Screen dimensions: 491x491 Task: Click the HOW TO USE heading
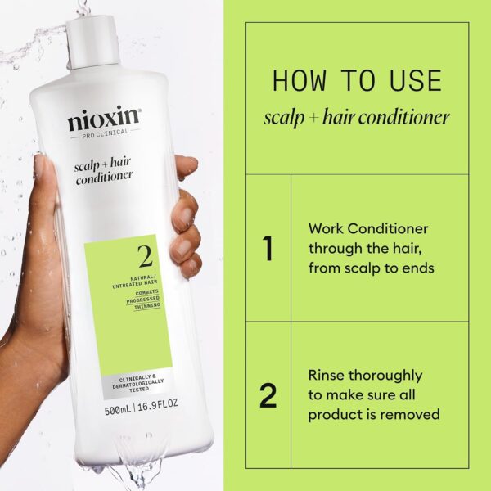pos(357,81)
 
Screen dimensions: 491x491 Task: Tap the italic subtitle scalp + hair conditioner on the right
pos(357,117)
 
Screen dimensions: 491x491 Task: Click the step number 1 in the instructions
pos(268,249)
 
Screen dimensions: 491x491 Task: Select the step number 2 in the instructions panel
pos(268,395)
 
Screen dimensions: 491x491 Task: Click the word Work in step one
pos(326,228)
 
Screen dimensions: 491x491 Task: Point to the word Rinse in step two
pos(328,376)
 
